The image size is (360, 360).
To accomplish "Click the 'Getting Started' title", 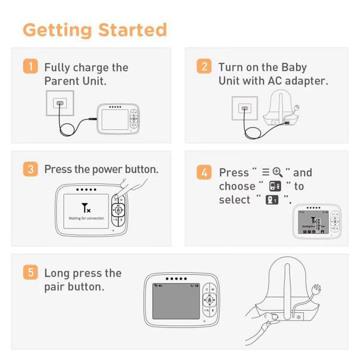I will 95,30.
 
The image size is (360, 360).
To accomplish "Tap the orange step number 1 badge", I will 31,67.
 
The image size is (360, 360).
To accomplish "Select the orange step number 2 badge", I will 204,67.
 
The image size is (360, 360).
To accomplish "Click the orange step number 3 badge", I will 31,169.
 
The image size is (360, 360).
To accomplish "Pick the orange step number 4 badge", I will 204,172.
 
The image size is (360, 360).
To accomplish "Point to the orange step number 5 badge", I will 31,273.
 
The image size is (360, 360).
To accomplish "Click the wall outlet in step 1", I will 60,103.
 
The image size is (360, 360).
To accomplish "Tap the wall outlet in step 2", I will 246,108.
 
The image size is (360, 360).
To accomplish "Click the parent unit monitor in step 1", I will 118,117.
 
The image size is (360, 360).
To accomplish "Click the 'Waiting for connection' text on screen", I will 86,218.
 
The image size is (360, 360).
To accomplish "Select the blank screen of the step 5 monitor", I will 176,303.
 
